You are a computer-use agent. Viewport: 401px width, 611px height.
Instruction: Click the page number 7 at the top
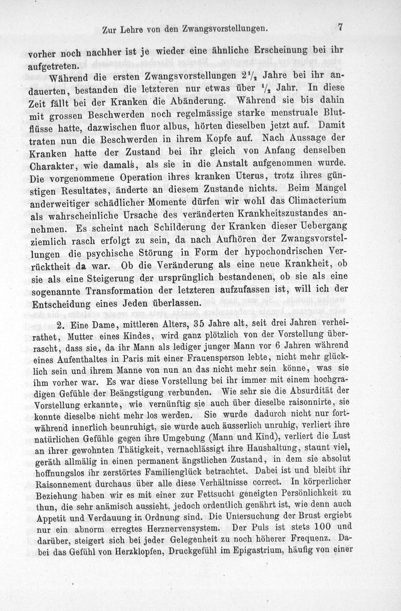coord(340,28)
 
